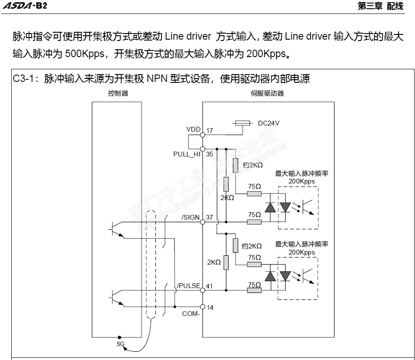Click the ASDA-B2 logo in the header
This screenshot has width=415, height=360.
click(x=25, y=6)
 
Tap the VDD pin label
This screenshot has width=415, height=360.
click(x=193, y=129)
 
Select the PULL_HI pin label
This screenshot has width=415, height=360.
click(x=186, y=154)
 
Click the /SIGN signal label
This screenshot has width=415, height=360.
click(x=190, y=217)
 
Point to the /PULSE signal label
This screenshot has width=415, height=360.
click(x=189, y=286)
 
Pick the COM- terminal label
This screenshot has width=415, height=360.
click(x=191, y=314)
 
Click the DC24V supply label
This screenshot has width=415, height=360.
click(x=269, y=123)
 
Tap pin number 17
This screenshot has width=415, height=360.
click(x=209, y=131)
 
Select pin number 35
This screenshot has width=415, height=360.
click(x=209, y=154)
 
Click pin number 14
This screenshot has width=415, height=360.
click(x=210, y=308)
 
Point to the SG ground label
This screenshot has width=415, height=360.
click(x=121, y=344)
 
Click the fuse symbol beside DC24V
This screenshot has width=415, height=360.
click(x=243, y=123)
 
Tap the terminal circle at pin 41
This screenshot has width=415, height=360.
click(x=203, y=290)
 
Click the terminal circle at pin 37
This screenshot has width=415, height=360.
click(x=203, y=222)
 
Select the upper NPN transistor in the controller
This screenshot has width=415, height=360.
click(x=116, y=229)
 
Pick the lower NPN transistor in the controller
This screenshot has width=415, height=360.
click(x=116, y=298)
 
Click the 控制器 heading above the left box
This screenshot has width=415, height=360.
click(x=118, y=93)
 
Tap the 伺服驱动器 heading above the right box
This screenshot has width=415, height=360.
click(x=267, y=93)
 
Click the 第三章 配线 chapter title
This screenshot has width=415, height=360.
click(x=381, y=6)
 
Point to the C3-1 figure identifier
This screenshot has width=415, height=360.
click(x=23, y=79)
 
